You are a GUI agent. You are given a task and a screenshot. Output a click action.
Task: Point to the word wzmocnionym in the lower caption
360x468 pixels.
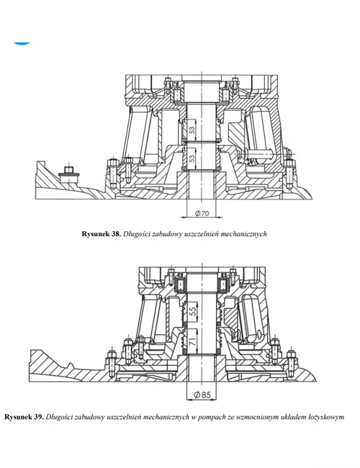[246, 416]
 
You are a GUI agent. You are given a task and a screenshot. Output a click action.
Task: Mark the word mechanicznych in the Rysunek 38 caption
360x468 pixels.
[252, 233]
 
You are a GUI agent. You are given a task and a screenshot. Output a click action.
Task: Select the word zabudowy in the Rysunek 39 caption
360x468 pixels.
[93, 416]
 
